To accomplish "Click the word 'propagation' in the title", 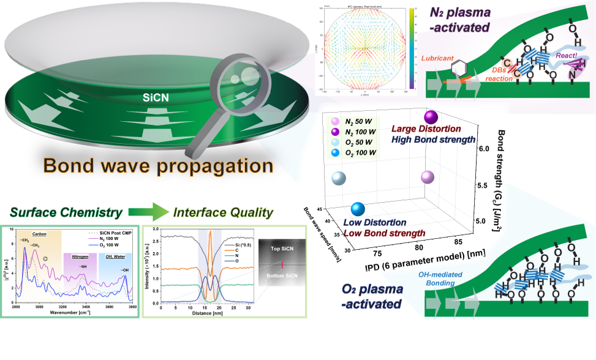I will tap(208, 165).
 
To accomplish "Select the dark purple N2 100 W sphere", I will tap(431, 118).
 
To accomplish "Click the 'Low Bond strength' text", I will tap(383, 233).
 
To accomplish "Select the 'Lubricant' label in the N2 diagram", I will tap(439, 59).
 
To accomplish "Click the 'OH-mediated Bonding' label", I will tap(452, 280).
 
